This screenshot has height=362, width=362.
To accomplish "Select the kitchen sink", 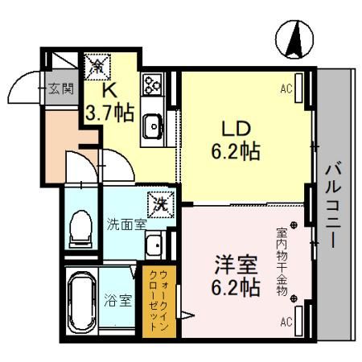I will [x=153, y=125].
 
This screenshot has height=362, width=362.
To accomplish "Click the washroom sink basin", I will [x=152, y=245].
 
